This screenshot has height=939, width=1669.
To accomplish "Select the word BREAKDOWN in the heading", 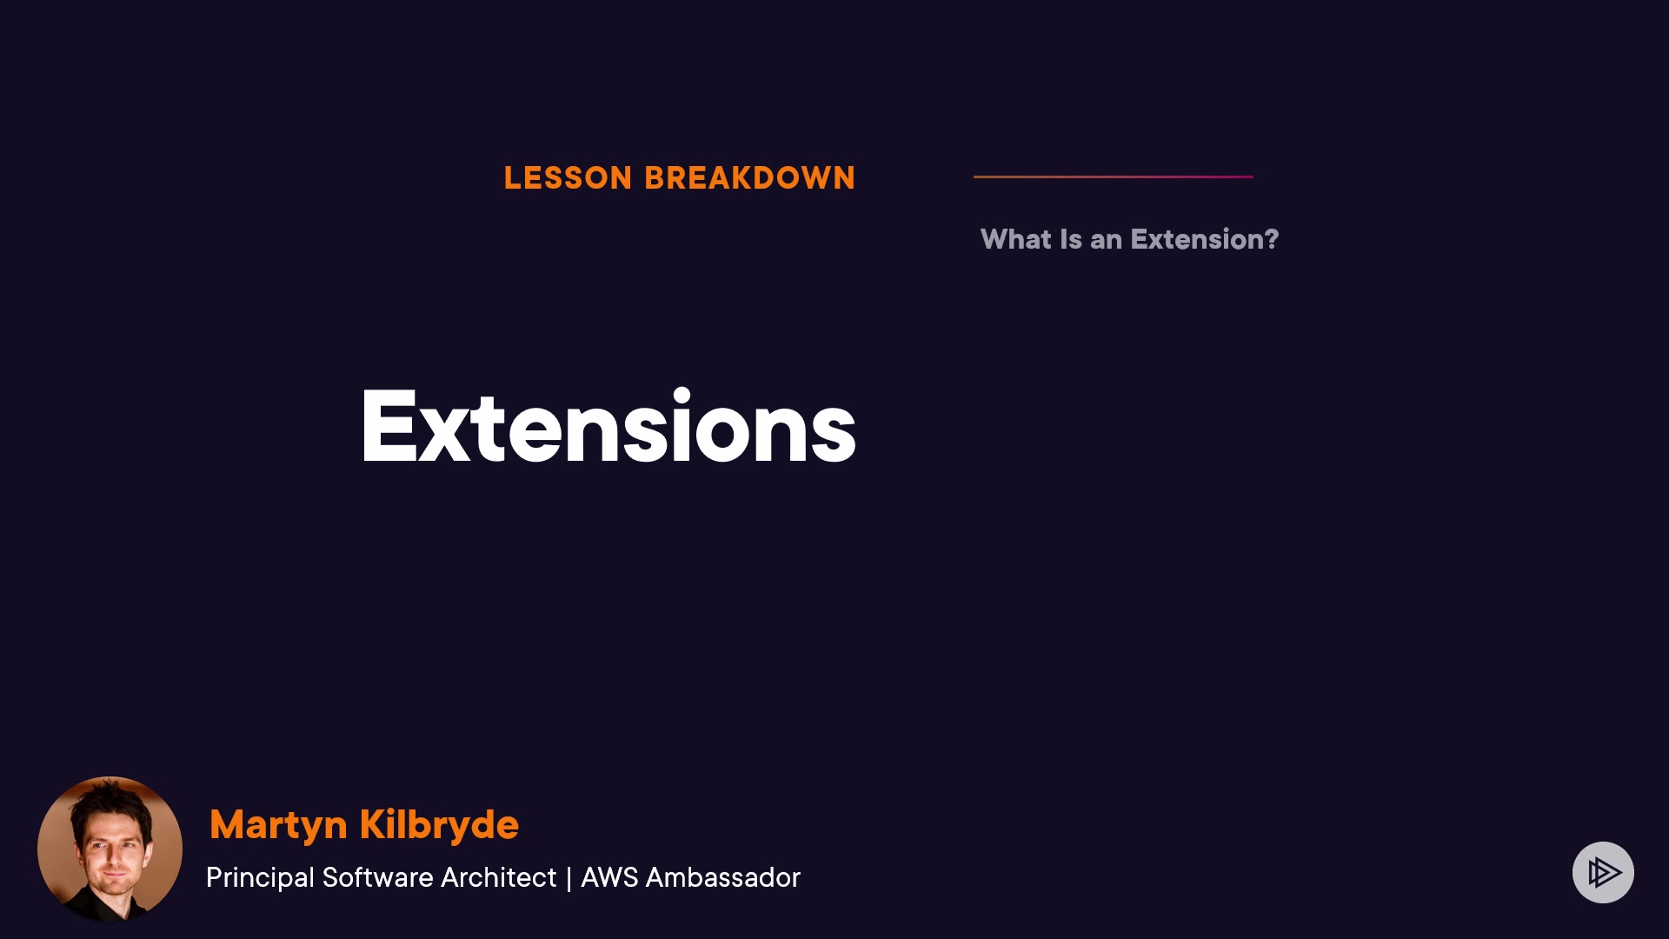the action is click(x=750, y=178).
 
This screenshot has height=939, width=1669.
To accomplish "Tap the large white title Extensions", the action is click(x=608, y=427).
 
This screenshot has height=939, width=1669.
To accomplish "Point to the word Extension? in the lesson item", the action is click(x=1205, y=239).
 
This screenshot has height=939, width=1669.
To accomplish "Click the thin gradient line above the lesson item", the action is click(x=1114, y=176).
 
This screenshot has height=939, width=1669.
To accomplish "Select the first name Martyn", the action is click(x=278, y=825).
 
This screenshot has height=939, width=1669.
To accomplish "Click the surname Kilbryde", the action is click(x=439, y=823).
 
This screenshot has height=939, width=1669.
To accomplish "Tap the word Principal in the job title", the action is click(x=260, y=878).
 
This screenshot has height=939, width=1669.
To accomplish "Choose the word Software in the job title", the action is click(x=378, y=877).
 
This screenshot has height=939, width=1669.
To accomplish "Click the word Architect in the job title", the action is click(x=498, y=877).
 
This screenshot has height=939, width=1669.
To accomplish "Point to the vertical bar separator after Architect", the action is click(x=569, y=878).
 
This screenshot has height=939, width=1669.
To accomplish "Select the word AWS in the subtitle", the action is click(x=609, y=877).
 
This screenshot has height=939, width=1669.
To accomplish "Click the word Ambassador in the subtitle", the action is click(x=723, y=877).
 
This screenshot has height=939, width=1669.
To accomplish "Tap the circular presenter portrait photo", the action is click(x=110, y=849).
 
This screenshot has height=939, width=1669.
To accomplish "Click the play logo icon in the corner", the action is click(x=1603, y=872).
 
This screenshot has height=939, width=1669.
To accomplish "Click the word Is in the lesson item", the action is click(x=1071, y=239).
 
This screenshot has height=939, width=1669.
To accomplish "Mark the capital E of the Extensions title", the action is click(x=388, y=427).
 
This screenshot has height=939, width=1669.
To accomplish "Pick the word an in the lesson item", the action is click(x=1106, y=241).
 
